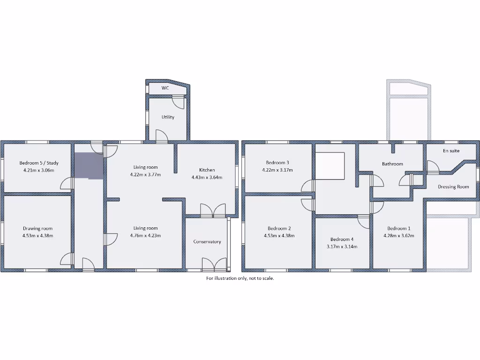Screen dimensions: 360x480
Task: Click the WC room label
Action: point(165,88)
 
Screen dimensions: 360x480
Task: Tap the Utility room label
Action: point(168,117)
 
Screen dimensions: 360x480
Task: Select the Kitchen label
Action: point(207,170)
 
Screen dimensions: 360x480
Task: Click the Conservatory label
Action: point(207,242)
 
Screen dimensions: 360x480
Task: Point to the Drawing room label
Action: point(37,228)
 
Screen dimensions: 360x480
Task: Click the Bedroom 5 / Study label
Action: point(39,163)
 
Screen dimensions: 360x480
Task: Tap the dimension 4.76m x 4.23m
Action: point(145,235)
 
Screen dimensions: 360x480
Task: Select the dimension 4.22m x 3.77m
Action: point(145,174)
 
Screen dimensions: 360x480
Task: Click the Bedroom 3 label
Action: point(278,163)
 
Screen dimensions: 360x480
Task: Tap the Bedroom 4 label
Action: point(342,239)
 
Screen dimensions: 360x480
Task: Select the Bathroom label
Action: point(392,164)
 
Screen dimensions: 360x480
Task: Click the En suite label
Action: point(451,151)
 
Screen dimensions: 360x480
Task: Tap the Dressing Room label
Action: point(453,187)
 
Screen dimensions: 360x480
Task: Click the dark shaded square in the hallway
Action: point(88,165)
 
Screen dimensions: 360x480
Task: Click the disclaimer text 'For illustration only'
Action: point(240,278)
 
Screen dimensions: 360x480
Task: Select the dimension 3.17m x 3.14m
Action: point(342,246)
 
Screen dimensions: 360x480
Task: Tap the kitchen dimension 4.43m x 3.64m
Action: point(207,177)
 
